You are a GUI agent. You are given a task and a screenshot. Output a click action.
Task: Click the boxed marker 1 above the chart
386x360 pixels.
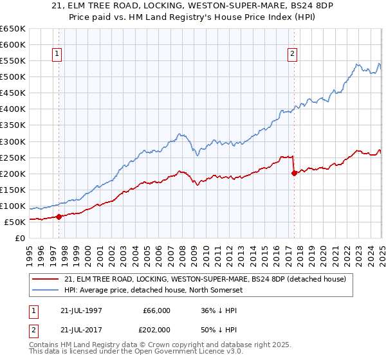coord(58,55)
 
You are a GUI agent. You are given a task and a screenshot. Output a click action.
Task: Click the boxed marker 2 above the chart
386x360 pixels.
coord(293,55)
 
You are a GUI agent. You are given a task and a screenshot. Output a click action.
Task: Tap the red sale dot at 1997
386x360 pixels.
coord(59,217)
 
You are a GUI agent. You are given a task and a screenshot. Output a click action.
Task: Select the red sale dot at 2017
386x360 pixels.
coord(294,172)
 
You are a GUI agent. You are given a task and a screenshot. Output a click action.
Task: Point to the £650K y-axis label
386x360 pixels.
coord(13,29)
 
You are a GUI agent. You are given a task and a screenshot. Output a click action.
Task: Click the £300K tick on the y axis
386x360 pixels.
coord(13,141)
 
